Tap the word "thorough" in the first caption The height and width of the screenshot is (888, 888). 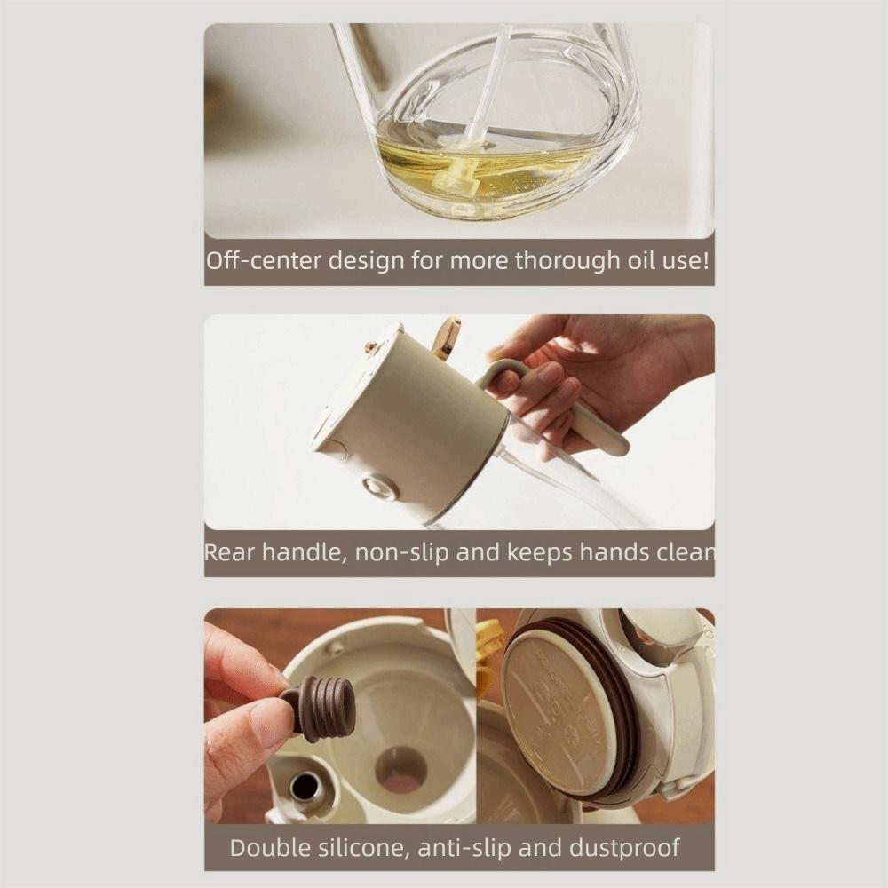566,261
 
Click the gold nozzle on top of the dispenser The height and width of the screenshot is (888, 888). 446,338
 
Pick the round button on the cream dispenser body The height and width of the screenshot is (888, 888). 380,487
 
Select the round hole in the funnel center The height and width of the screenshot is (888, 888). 400,769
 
